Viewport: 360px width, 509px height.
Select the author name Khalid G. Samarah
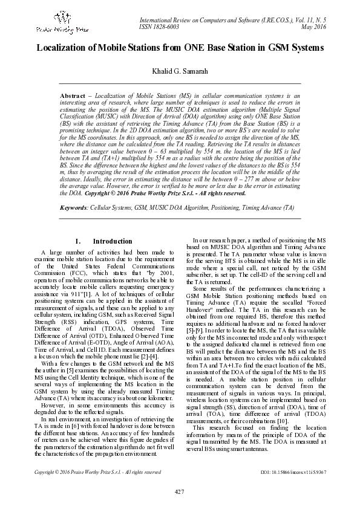point(180,71)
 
